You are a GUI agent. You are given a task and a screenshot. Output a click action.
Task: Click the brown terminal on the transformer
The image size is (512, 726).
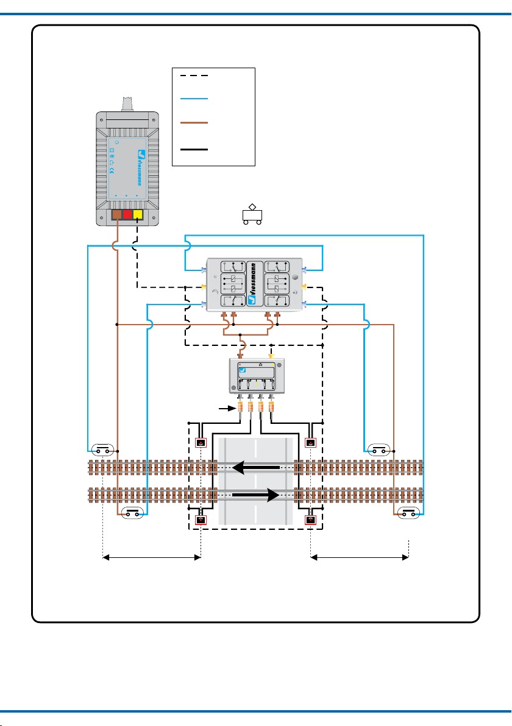(117, 214)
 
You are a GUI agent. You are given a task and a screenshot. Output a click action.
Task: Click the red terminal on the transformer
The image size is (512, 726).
(127, 214)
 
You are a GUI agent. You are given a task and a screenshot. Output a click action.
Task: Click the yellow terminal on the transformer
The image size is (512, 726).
(138, 214)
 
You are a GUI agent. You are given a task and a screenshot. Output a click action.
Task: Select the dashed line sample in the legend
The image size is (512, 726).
(194, 76)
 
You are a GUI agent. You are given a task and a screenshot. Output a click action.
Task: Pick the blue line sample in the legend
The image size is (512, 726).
(194, 99)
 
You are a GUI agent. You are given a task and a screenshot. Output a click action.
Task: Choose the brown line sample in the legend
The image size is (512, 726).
(194, 122)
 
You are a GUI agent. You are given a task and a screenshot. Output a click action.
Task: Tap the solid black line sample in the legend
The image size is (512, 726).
(194, 150)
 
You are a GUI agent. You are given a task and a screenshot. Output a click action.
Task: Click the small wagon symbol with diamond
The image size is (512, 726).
(252, 214)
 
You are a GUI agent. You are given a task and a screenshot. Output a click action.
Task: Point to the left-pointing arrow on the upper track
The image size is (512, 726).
(256, 468)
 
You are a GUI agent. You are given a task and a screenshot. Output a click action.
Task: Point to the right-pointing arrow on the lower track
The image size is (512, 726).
(256, 495)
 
